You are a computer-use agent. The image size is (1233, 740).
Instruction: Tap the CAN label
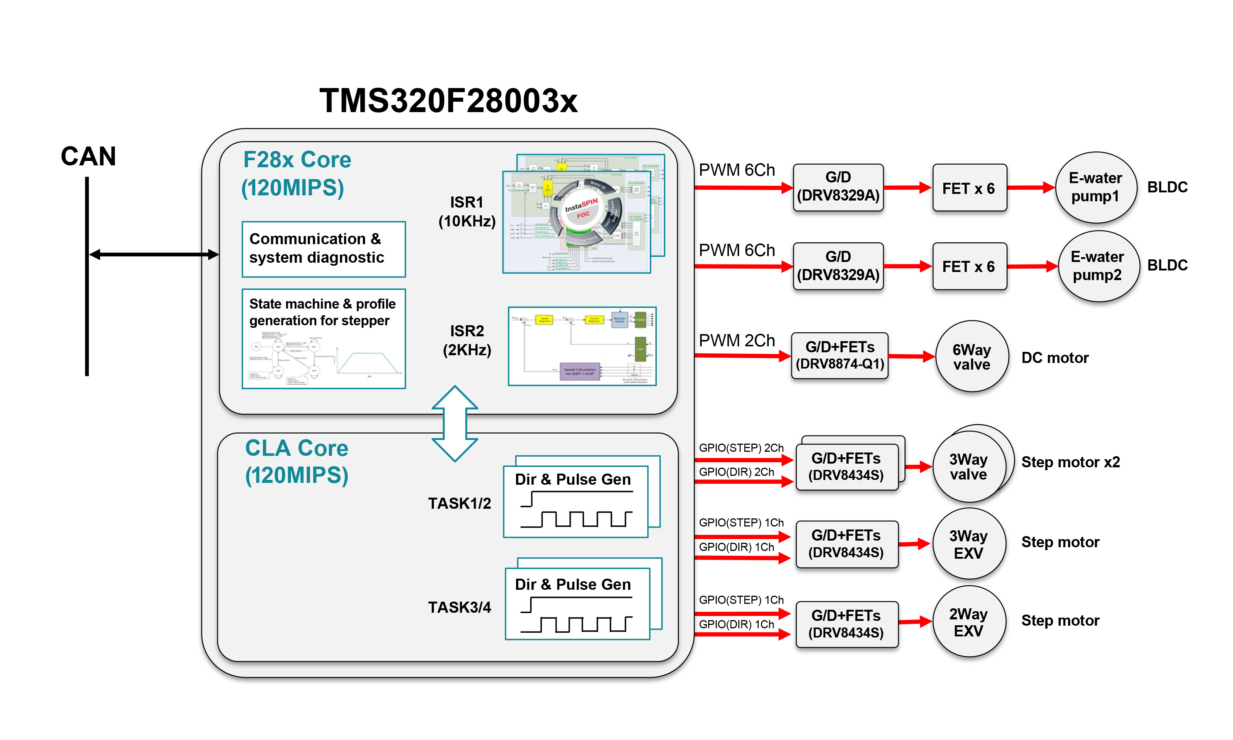[88, 156]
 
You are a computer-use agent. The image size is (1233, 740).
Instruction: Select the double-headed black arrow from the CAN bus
[154, 254]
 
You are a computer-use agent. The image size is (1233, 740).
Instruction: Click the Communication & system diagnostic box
[324, 249]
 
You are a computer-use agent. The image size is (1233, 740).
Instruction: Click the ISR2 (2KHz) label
[466, 340]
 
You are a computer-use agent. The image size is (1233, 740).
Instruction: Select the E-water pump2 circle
[1098, 266]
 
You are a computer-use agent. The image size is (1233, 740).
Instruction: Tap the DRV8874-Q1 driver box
[840, 356]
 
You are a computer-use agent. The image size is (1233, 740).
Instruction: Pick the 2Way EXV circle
[968, 622]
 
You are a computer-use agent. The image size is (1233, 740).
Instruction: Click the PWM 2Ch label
[737, 340]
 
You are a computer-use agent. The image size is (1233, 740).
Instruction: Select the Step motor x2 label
[1070, 462]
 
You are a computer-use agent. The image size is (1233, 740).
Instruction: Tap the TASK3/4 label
[459, 608]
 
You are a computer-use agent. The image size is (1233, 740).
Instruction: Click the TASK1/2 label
[459, 503]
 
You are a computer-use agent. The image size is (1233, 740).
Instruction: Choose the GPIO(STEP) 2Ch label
[741, 448]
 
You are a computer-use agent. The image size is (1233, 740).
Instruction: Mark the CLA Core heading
[297, 461]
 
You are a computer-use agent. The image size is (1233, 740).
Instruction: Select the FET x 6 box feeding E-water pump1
[969, 188]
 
